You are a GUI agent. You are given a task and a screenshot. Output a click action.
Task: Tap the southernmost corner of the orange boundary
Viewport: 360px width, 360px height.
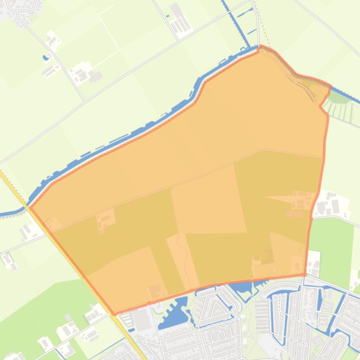pyautogui.click(x=114, y=314)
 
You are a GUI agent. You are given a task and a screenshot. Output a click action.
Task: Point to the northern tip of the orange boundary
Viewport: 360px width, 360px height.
pyautogui.click(x=261, y=46)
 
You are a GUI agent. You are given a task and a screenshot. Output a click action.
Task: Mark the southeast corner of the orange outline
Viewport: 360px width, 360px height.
pyautogui.click(x=305, y=274)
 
